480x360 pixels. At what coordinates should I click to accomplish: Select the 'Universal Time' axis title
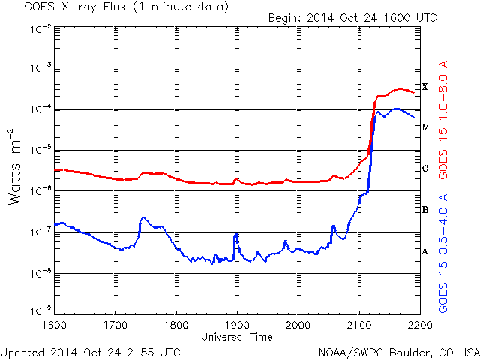tap(237, 337)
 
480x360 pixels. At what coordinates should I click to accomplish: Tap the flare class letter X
tap(425, 87)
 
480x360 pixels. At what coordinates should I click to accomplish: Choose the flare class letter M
tap(425, 127)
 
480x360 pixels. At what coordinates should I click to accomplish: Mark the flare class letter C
tap(425, 169)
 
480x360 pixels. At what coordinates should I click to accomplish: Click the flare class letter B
tap(425, 210)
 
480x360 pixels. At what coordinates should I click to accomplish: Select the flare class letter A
tap(425, 251)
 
